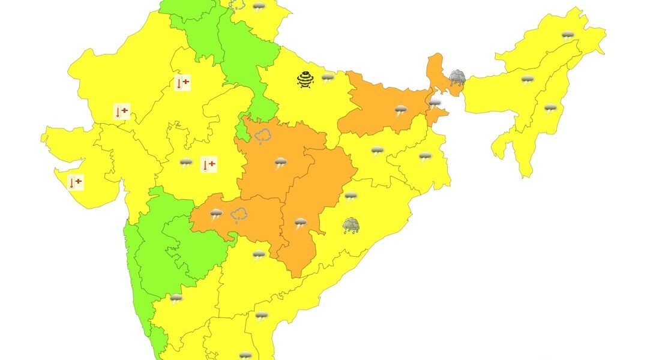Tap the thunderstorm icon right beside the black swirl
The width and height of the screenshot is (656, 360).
(328, 77)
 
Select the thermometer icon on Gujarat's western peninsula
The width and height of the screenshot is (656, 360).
(76, 182)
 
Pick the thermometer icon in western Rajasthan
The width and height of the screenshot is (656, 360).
(122, 112)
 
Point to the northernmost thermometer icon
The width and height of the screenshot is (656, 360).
(182, 83)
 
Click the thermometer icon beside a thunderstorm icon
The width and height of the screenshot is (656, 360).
(208, 164)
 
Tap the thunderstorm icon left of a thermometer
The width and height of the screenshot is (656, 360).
(186, 163)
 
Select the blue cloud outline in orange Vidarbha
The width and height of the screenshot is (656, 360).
(239, 215)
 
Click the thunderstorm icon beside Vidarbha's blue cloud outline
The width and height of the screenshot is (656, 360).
(216, 214)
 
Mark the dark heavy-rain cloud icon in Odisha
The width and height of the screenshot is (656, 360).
(351, 226)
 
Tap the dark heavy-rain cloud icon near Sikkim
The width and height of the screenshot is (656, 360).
(457, 78)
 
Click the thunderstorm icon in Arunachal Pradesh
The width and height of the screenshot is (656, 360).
(567, 35)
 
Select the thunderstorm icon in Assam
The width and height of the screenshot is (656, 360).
(528, 80)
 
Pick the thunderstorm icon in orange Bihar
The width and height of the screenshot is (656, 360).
(400, 110)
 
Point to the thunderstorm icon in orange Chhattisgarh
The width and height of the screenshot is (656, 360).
(301, 224)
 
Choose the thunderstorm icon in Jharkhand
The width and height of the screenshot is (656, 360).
(377, 151)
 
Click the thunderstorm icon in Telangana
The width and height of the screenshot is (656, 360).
(259, 255)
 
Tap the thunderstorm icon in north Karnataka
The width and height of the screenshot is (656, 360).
(176, 298)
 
